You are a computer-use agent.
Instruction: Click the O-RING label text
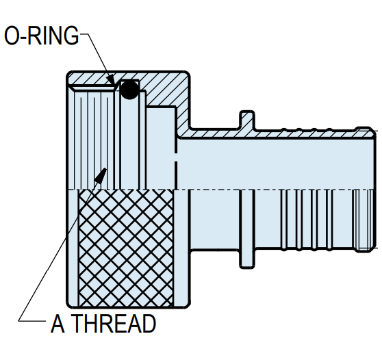42,36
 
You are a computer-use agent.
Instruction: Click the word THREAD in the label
114,324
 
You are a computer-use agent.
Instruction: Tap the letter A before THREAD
58,324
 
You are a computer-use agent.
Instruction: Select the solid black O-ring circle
129,90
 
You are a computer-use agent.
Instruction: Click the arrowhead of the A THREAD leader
101,175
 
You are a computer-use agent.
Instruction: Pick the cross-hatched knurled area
126,248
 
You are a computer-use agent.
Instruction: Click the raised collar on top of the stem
247,119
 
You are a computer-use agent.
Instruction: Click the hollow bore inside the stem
276,164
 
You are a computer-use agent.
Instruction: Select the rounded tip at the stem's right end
365,132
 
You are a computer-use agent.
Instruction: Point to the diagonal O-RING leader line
98,58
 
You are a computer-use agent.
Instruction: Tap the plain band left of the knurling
73,248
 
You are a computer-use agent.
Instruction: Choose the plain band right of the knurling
181,248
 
